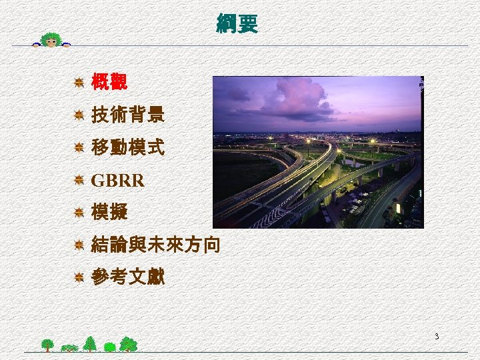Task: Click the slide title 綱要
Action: click(237, 24)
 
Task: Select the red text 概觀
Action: click(109, 83)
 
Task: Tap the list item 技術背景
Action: click(127, 115)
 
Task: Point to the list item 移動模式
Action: click(127, 148)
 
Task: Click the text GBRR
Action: click(117, 181)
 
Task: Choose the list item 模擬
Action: click(109, 213)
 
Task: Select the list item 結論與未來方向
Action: click(155, 245)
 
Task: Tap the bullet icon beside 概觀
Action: click(78, 83)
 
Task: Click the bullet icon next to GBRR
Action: click(78, 181)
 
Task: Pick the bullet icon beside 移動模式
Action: click(78, 148)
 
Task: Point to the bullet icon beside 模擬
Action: click(78, 213)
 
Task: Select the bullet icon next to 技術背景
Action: click(78, 115)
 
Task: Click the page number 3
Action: click(436, 336)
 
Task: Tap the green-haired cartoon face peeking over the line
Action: click(51, 39)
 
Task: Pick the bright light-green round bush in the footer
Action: click(109, 346)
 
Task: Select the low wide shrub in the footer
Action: click(69, 347)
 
